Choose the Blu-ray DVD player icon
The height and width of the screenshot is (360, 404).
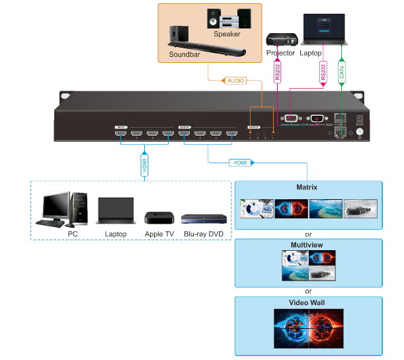click(204, 220)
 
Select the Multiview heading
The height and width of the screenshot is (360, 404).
click(309, 245)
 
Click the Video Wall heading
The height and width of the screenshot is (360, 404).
click(309, 303)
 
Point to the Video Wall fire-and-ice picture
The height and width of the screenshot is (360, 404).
click(309, 329)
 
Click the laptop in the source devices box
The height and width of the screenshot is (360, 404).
click(116, 212)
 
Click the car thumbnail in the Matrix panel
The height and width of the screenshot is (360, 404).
click(360, 208)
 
